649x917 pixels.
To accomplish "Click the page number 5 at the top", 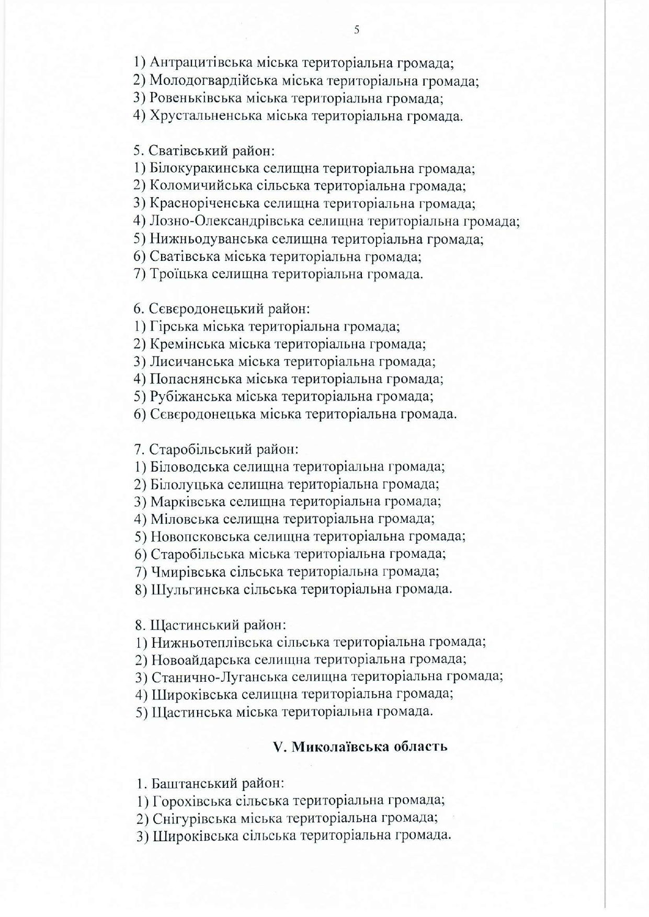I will (357, 30).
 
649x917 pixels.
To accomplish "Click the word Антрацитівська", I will (201, 63).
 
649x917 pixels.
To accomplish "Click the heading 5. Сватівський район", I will (204, 151).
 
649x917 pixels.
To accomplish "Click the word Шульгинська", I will (195, 589).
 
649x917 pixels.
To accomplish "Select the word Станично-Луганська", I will (219, 677).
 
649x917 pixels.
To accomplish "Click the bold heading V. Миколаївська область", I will (360, 746).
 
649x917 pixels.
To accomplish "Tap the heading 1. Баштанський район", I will (210, 784).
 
